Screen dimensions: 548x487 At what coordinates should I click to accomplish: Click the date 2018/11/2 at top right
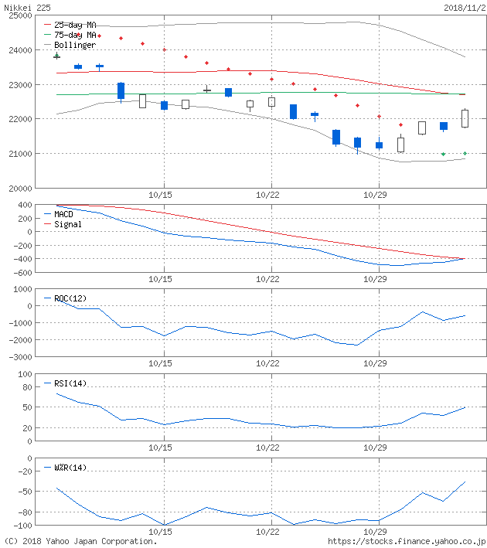[464, 7]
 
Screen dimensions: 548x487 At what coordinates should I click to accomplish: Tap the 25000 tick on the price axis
[19, 15]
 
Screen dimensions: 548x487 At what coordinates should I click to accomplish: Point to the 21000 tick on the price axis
[19, 154]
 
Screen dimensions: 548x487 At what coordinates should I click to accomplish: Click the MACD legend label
[65, 214]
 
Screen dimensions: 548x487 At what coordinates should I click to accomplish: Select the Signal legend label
[67, 224]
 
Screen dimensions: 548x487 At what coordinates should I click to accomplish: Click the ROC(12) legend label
[70, 298]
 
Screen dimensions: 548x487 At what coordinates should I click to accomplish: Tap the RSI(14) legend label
[70, 383]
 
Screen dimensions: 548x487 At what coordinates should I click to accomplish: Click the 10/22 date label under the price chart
[268, 195]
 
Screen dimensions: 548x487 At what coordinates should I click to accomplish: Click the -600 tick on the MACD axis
[21, 272]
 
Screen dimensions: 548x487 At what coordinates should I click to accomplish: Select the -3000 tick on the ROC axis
[19, 357]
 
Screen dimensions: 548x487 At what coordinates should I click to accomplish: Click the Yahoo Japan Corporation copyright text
[80, 541]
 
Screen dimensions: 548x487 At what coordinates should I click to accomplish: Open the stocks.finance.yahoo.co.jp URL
[407, 541]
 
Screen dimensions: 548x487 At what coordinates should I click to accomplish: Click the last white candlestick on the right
[465, 118]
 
